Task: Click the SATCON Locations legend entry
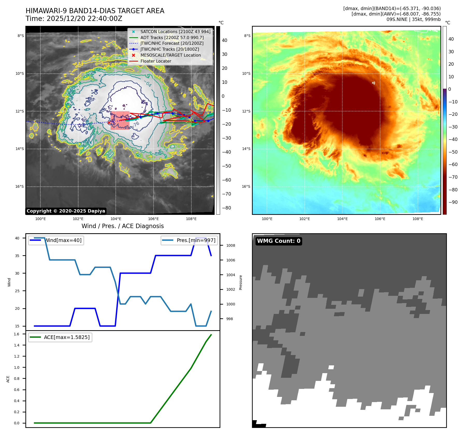click(175, 32)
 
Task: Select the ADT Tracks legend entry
click(172, 37)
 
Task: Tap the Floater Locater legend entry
click(156, 61)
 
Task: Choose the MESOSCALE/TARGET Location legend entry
click(170, 55)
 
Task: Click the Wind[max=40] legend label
click(63, 240)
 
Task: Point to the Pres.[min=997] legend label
click(196, 240)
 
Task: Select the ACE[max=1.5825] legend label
click(67, 337)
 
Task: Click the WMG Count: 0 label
click(279, 241)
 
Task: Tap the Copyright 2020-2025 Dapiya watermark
click(66, 211)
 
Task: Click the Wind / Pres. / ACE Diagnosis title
click(122, 226)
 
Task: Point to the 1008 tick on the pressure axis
click(230, 245)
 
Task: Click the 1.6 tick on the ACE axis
click(17, 334)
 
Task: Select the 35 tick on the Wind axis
click(17, 256)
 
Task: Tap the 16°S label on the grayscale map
click(19, 186)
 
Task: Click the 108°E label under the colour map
click(418, 219)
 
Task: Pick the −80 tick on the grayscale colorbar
click(226, 208)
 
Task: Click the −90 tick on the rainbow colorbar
click(453, 202)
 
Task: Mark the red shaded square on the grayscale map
click(120, 120)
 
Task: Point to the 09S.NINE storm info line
click(413, 19)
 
